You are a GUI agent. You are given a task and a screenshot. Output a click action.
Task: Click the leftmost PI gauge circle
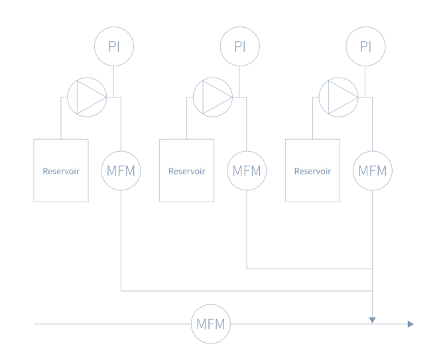coord(113,46)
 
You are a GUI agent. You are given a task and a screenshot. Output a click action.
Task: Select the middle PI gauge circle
coord(239,46)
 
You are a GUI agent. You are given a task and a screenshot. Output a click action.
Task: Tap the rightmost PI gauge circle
coord(365,46)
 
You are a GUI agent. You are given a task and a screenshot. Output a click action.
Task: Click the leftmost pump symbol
coord(86,97)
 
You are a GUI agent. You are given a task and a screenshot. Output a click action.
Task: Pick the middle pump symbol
coord(212,97)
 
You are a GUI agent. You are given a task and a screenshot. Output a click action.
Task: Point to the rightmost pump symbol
coord(338,97)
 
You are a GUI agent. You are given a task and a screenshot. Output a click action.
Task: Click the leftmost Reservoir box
coord(60,170)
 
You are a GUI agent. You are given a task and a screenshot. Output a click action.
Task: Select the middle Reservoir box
coord(186,170)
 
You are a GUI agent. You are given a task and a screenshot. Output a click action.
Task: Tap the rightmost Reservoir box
coord(312,170)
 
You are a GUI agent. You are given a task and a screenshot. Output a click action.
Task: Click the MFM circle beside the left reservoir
coord(120,170)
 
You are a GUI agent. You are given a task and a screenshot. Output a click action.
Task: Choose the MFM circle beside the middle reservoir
coord(246,170)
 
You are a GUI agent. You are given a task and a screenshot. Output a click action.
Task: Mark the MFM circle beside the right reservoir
coord(372,170)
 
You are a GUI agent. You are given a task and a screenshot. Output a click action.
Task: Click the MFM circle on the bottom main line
coord(212,325)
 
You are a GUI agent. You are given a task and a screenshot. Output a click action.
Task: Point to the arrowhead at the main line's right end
coord(411,324)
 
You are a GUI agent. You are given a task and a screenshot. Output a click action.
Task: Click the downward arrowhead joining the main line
coord(372,320)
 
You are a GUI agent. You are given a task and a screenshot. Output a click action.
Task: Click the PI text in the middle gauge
coord(239,46)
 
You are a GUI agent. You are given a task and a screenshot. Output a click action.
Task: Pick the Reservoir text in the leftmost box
coord(60,170)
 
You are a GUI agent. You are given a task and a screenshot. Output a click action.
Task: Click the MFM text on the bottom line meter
coord(212,325)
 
